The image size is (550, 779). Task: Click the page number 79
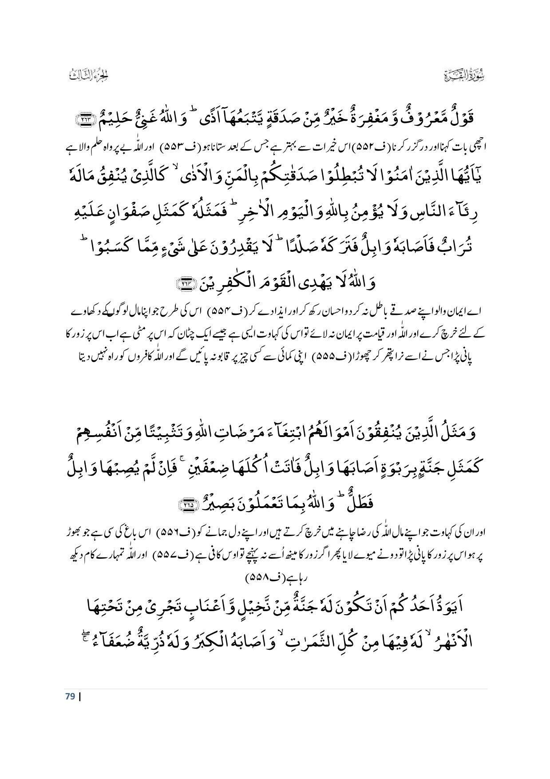coord(70,696)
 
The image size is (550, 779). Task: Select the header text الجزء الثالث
coord(89,76)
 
